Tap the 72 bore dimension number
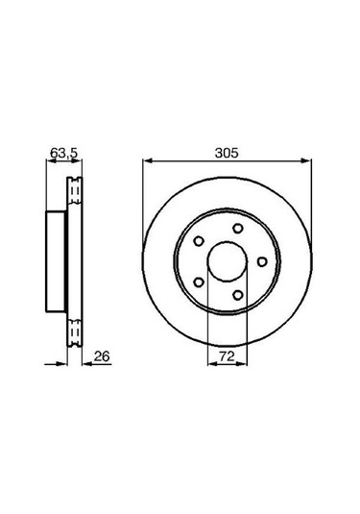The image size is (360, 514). click(228, 355)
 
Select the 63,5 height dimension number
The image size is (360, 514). click(61, 152)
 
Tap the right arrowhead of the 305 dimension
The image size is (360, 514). click(308, 161)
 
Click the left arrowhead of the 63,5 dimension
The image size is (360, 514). click(49, 161)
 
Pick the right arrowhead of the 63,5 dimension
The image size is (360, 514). click(75, 161)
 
